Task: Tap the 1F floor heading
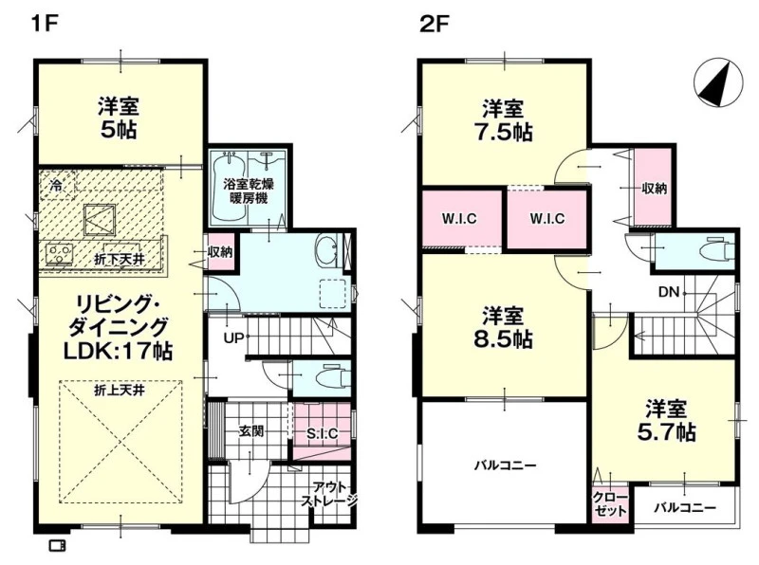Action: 44,23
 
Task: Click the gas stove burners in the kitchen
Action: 60,254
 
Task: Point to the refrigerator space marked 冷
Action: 57,184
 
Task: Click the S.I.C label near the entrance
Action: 323,434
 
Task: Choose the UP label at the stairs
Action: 233,337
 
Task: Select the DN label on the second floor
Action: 669,292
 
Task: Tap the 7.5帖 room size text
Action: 504,132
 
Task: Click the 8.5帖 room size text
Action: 504,339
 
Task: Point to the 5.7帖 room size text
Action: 667,431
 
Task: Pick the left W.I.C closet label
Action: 459,219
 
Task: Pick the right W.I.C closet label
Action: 547,219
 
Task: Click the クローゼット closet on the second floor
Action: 610,504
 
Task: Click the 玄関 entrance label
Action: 251,430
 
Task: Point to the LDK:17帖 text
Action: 119,351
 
